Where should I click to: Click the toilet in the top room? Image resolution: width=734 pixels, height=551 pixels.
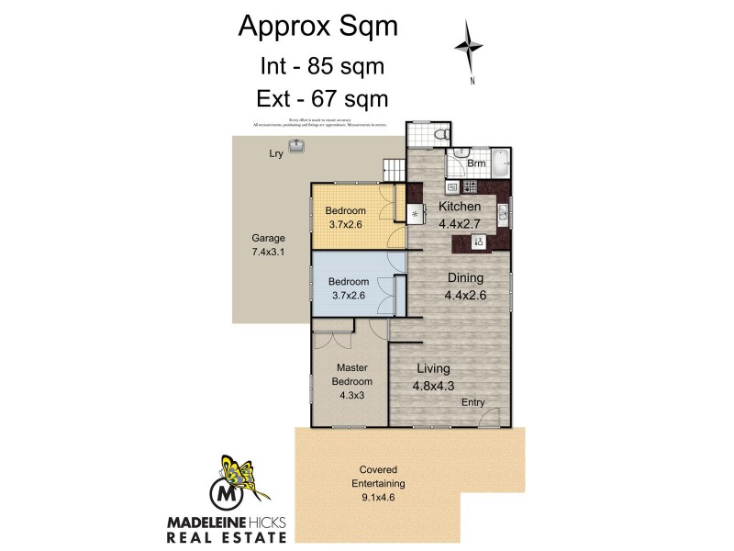[441, 135]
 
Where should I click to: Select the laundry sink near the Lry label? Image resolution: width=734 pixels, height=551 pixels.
[297, 146]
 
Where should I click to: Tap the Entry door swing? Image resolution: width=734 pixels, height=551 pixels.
[492, 415]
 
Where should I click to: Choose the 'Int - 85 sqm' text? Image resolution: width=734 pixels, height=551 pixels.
[320, 66]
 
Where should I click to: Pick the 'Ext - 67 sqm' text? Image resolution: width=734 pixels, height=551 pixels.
[320, 97]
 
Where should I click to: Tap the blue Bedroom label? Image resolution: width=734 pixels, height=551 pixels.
[349, 281]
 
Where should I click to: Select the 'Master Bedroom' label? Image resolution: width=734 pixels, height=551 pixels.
[352, 375]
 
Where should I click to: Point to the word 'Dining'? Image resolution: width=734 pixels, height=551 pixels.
[465, 277]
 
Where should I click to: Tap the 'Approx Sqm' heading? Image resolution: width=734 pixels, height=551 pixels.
[318, 27]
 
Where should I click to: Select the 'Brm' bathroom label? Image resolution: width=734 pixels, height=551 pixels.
[476, 163]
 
